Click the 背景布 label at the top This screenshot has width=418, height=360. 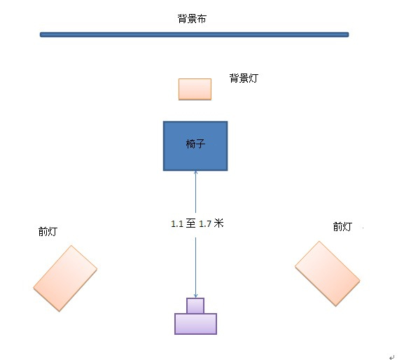192,19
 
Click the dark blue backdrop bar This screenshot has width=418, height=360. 195,34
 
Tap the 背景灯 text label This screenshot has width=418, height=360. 244,78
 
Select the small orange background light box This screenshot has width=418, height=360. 195,90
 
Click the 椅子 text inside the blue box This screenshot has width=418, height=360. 195,144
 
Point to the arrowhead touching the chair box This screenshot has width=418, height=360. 195,172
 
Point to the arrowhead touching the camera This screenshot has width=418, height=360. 195,296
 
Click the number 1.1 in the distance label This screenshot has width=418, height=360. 177,223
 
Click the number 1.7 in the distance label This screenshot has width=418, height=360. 205,223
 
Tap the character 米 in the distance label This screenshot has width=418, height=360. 218,223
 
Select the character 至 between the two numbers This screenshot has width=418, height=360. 191,223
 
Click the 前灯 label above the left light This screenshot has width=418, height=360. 48,231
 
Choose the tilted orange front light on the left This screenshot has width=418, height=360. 65,278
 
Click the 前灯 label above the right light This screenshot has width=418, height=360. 342,227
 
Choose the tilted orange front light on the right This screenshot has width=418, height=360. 328,274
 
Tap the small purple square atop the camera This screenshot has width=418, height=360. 195,305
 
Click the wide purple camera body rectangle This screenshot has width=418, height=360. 195,324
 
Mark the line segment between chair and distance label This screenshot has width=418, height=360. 195,192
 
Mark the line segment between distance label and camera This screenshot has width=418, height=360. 195,268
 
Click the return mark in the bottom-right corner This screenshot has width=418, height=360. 391,357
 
